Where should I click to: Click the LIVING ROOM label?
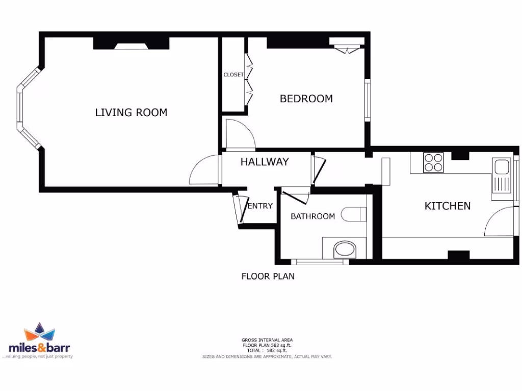[x=131, y=113]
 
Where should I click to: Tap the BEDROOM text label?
[x=306, y=99]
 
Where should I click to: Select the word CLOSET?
[x=233, y=75]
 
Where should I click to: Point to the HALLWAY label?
[x=265, y=162]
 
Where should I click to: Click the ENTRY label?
[x=260, y=206]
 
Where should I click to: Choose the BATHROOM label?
[x=312, y=216]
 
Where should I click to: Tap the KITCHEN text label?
[x=448, y=206]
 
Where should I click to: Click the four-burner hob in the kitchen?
[x=433, y=163]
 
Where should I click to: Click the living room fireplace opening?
[x=130, y=46]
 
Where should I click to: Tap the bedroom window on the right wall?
[x=367, y=100]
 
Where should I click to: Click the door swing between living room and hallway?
[x=204, y=171]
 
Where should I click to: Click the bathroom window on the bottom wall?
[x=320, y=262]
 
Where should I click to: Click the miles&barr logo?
[x=39, y=341]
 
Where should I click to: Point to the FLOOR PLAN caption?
[x=268, y=276]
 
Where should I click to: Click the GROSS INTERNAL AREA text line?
[x=267, y=340]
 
